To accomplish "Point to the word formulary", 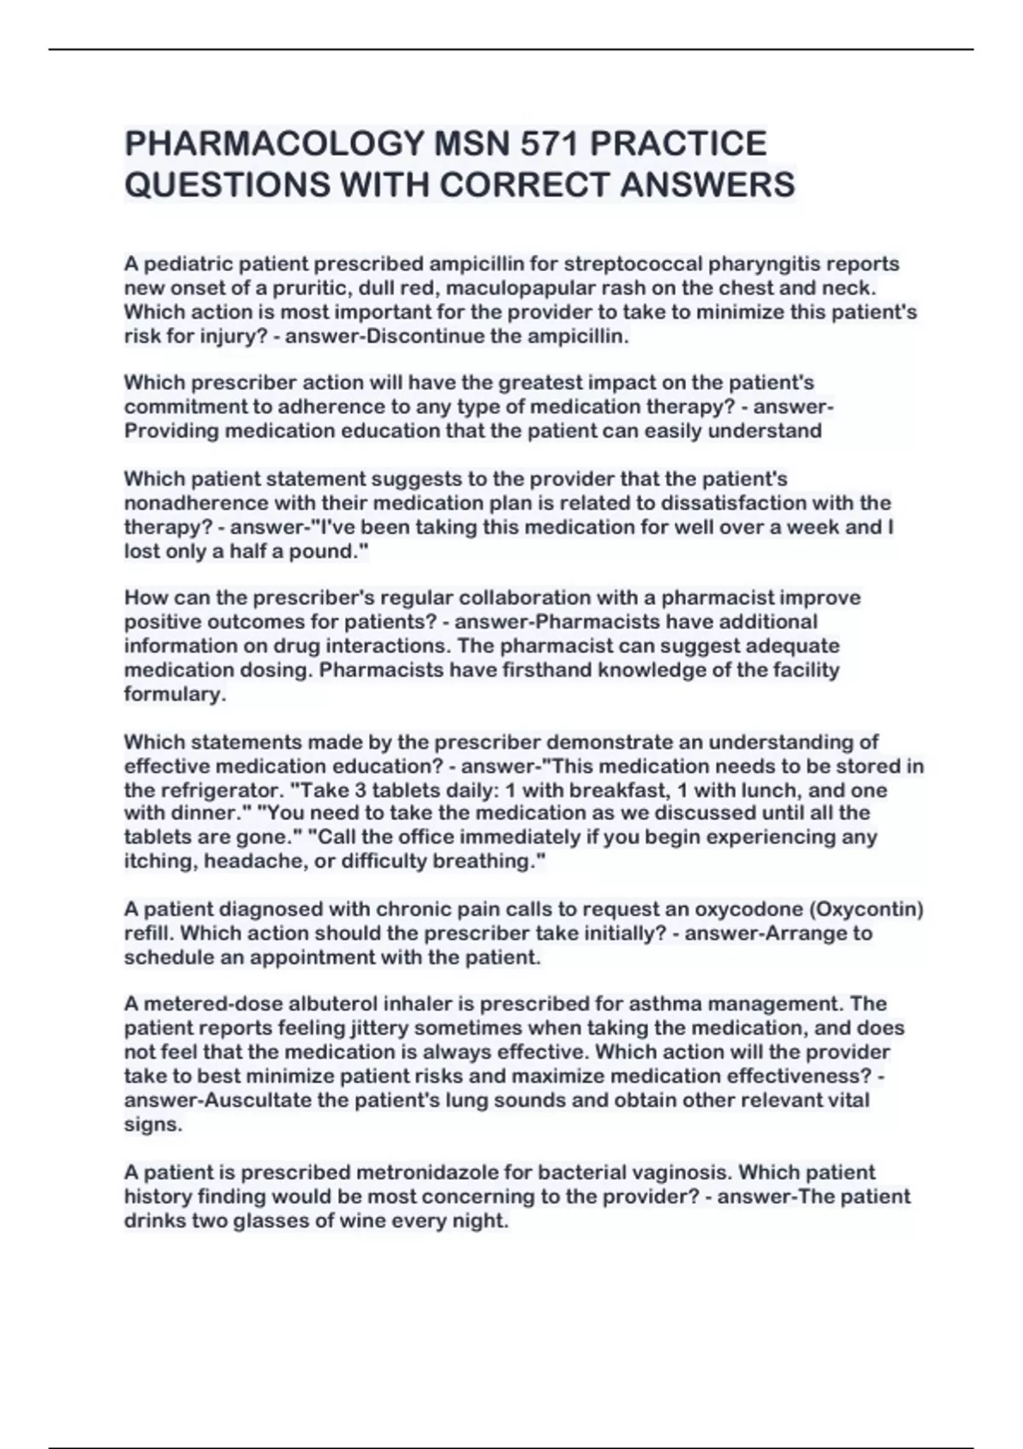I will [174, 694].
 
